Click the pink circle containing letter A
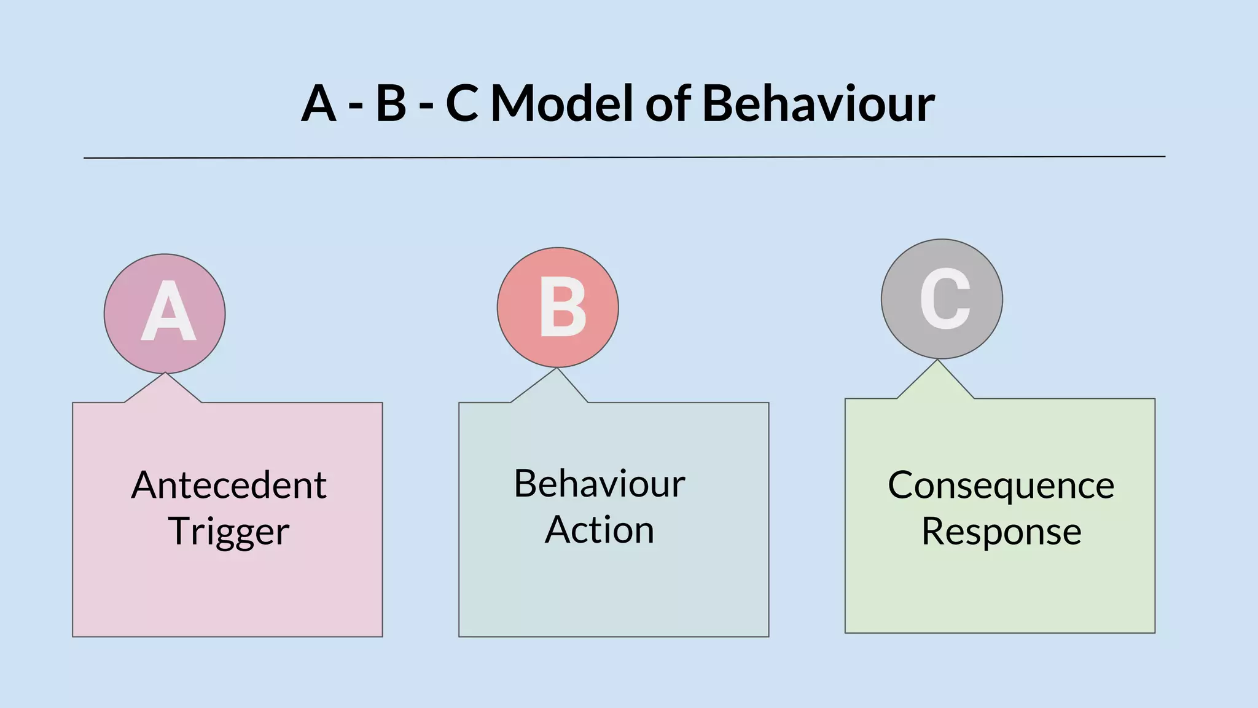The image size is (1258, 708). pyautogui.click(x=165, y=313)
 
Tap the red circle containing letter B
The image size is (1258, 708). pyautogui.click(x=558, y=307)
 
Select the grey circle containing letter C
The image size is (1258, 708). pyautogui.click(x=942, y=299)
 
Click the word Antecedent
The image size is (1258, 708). pyautogui.click(x=229, y=486)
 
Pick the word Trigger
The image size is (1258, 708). pyautogui.click(x=229, y=532)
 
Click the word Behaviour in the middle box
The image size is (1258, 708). pyautogui.click(x=600, y=484)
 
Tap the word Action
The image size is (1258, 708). pyautogui.click(x=600, y=530)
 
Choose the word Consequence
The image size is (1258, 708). pyautogui.click(x=1001, y=486)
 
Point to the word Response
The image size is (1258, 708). pyautogui.click(x=1001, y=532)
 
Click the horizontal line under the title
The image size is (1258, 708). pyautogui.click(x=624, y=157)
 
